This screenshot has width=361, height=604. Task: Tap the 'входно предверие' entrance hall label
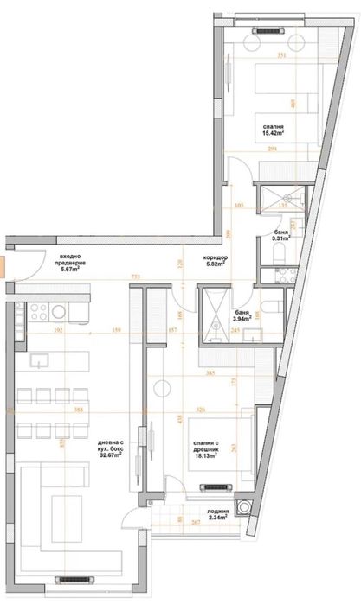(x=76, y=263)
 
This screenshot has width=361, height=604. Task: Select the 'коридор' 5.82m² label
(x=216, y=261)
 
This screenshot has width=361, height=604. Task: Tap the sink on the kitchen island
(x=40, y=359)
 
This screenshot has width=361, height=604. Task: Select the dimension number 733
(x=135, y=277)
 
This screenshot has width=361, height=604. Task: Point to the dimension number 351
(x=281, y=56)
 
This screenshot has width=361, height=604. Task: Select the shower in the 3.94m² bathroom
(x=210, y=309)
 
